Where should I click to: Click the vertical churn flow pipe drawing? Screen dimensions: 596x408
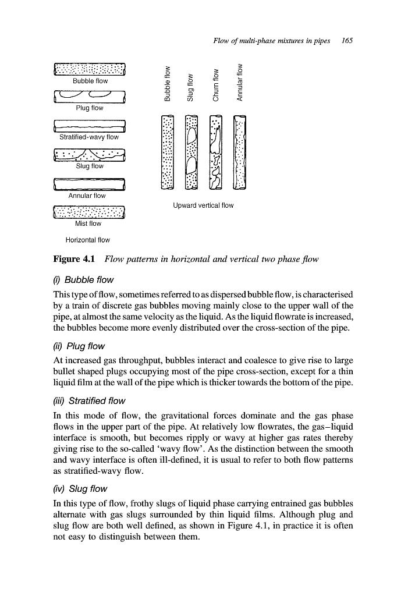pos(215,153)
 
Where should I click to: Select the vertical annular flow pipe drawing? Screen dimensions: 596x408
pos(239,153)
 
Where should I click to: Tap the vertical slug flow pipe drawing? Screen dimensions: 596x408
pos(191,153)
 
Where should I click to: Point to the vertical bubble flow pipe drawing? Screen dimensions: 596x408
pos(167,153)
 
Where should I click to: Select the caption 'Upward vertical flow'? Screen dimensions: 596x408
pos(203,205)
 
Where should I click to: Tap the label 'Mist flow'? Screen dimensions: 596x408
pos(88,223)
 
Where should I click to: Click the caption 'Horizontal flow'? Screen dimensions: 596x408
pos(87,240)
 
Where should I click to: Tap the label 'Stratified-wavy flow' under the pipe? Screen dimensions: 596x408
pos(89,137)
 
